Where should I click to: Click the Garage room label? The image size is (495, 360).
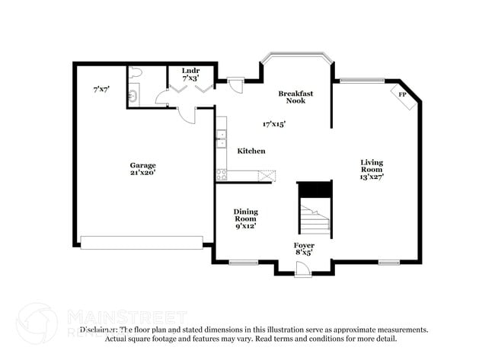coord(142,164)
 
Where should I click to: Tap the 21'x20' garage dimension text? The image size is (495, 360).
coord(142,172)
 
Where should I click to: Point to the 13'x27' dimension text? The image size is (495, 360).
coord(372,177)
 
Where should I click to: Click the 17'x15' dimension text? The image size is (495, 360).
coord(274,123)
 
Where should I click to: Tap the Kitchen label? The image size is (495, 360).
coord(251,151)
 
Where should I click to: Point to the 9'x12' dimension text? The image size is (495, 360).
coord(245,225)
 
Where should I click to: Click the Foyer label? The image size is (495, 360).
coord(304,244)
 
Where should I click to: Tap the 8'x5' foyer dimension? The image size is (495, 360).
coord(304,252)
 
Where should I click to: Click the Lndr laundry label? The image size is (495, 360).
coord(190,71)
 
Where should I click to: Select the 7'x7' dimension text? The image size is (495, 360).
coord(101,89)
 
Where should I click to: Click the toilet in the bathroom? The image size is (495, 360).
coord(136,73)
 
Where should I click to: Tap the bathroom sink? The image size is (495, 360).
coord(132,96)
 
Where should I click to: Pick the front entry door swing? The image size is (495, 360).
coord(302,268)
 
